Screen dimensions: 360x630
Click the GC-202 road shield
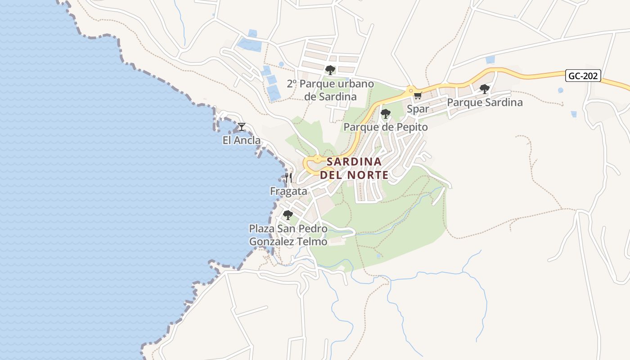pyautogui.click(x=583, y=76)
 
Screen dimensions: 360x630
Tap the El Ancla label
pyautogui.click(x=242, y=140)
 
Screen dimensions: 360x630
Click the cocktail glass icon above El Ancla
pyautogui.click(x=242, y=127)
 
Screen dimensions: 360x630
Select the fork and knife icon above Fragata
pyautogui.click(x=288, y=178)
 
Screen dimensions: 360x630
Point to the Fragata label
pyautogui.click(x=288, y=191)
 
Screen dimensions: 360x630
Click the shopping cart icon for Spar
pyautogui.click(x=418, y=95)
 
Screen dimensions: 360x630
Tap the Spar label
pyautogui.click(x=418, y=109)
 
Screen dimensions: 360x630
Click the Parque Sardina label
pyautogui.click(x=485, y=103)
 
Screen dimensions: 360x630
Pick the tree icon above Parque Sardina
pyautogui.click(x=484, y=89)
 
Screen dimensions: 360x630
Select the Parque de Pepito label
pyautogui.click(x=386, y=127)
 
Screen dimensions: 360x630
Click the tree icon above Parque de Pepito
pyautogui.click(x=385, y=114)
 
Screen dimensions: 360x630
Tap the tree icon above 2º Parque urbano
pyautogui.click(x=330, y=70)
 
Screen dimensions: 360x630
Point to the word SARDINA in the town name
pyautogui.click(x=354, y=162)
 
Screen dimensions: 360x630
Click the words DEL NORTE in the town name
pyautogui.click(x=354, y=175)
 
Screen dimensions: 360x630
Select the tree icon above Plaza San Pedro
pyautogui.click(x=288, y=215)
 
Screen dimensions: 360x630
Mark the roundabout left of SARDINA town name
pyautogui.click(x=317, y=159)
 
